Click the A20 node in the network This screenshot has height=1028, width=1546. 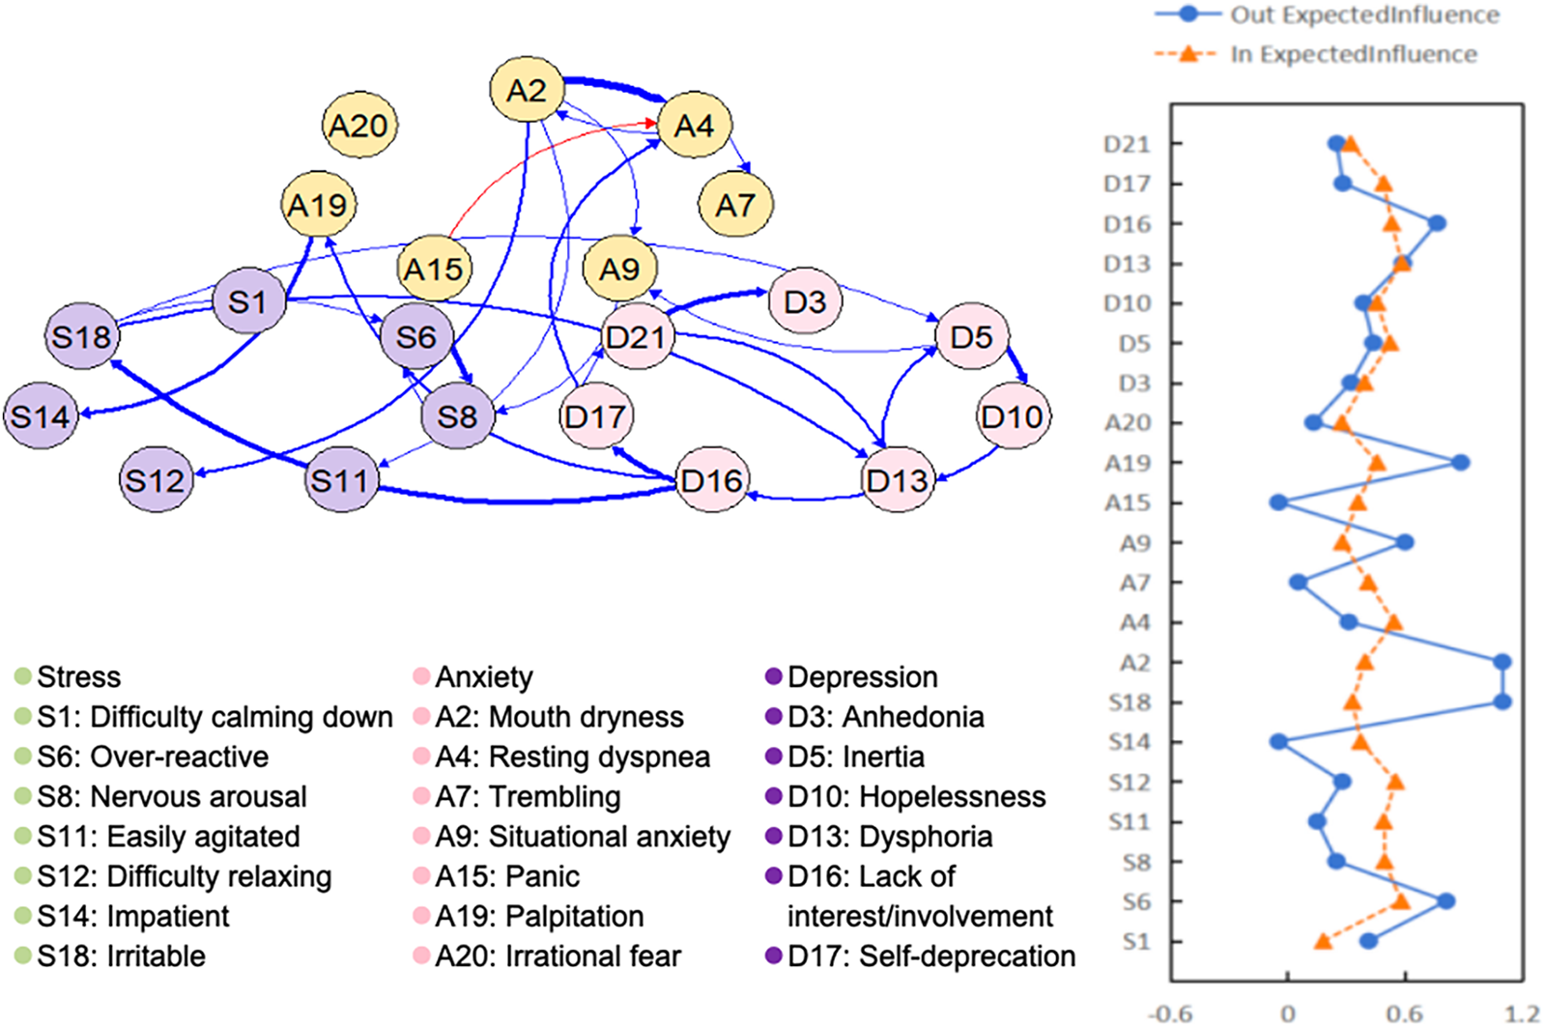pyautogui.click(x=358, y=126)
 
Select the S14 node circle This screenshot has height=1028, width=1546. pyautogui.click(x=41, y=416)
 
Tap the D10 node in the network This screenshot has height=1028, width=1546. pyautogui.click(x=1012, y=416)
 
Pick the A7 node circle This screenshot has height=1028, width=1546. pyautogui.click(x=734, y=205)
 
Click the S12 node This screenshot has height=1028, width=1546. pyautogui.click(x=156, y=479)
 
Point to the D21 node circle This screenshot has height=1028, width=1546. pyautogui.click(x=636, y=336)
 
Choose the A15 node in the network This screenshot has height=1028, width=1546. pyautogui.click(x=434, y=269)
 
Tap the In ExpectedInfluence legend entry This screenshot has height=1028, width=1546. pyautogui.click(x=1353, y=54)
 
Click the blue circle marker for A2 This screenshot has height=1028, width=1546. pyautogui.click(x=1502, y=662)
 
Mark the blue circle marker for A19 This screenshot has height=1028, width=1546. pyautogui.click(x=1460, y=463)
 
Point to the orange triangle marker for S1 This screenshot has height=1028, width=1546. pyautogui.click(x=1323, y=940)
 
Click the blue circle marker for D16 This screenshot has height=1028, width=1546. pyautogui.click(x=1437, y=223)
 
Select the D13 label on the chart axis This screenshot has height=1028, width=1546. pyautogui.click(x=1127, y=264)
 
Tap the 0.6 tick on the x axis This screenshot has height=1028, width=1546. pyautogui.click(x=1405, y=1014)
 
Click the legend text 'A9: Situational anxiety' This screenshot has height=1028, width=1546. pyautogui.click(x=583, y=837)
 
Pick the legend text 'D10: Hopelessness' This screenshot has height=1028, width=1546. pyautogui.click(x=916, y=797)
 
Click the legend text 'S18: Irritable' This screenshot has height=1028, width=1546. pyautogui.click(x=121, y=957)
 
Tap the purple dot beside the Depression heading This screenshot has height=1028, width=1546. pyautogui.click(x=773, y=676)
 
